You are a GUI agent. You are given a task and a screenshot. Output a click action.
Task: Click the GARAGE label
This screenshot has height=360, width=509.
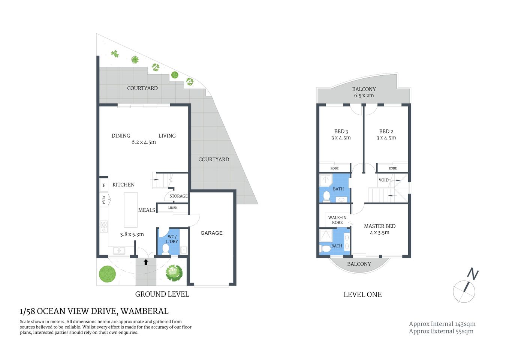click(x=211, y=233)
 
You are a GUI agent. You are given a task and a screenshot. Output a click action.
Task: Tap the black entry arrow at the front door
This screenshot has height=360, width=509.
click(x=146, y=262)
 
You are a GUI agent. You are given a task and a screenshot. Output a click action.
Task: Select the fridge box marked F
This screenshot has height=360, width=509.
click(x=104, y=185)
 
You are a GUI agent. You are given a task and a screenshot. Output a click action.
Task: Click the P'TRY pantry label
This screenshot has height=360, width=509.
click(x=104, y=199)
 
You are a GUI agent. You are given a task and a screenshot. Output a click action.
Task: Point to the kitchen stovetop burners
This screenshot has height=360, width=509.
click(x=104, y=226)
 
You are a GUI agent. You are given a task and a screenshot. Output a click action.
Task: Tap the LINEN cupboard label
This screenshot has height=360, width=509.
click(x=173, y=208)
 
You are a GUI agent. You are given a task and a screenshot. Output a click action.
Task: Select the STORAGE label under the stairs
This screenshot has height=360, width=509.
click(x=178, y=196)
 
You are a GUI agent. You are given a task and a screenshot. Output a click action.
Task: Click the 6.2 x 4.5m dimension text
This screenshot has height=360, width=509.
click(x=144, y=142)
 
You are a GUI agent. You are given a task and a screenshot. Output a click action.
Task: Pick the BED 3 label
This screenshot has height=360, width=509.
click(x=341, y=131)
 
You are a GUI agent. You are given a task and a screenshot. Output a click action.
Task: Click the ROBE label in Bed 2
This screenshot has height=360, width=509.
click(x=392, y=168)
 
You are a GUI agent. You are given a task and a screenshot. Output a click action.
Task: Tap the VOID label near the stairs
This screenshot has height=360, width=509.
click(x=383, y=180)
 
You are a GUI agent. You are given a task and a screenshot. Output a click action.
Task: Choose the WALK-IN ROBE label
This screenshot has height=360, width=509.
click(x=337, y=220)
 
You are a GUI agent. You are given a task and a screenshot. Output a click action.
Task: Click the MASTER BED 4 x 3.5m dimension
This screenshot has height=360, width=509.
click(x=380, y=232)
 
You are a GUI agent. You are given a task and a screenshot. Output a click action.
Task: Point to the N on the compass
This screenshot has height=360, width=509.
click(x=473, y=274)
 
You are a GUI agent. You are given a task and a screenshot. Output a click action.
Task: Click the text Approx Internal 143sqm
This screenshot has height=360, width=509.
click(x=442, y=324)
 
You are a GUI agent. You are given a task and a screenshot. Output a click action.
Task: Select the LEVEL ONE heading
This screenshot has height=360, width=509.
click(x=362, y=295)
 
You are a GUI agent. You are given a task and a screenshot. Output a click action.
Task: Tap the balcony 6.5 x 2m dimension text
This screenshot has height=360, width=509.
click(x=364, y=96)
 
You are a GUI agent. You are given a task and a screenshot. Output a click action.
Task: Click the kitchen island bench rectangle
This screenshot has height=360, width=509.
click(x=130, y=210)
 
